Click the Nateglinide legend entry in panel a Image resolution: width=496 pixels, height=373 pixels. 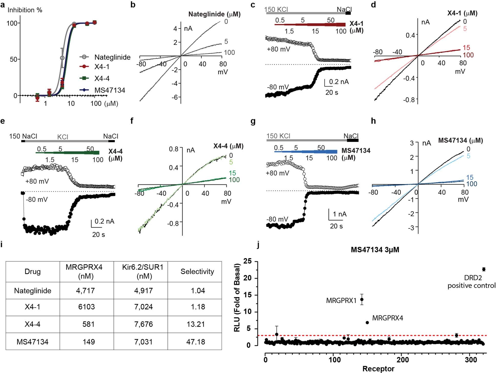coord(112,57)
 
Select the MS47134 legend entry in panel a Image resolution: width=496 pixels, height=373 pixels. coord(110,90)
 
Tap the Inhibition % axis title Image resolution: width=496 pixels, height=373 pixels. coord(25,10)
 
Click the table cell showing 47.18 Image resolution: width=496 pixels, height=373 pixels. coord(195,342)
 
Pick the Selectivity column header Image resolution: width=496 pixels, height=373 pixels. coord(197,272)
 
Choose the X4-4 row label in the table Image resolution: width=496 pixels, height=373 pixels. coord(33,324)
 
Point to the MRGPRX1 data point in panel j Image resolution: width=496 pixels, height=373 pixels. coord(362,299)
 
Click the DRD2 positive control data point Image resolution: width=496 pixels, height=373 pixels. coord(484,269)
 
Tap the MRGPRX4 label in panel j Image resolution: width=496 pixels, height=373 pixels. coord(387,318)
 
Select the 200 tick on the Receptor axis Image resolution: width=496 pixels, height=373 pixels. coord(403,360)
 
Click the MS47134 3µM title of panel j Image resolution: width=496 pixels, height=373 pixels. coord(375,250)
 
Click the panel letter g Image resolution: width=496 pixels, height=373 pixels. coord(253,122)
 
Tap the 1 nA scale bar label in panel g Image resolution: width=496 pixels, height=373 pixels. coord(340,214)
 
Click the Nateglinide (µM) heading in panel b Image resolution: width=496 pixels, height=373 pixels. coord(214,14)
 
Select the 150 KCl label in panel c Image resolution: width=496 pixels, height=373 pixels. coord(276,9)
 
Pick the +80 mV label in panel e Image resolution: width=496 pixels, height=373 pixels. coord(37,181)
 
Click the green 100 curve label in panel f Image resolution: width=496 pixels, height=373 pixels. coord(234,180)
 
